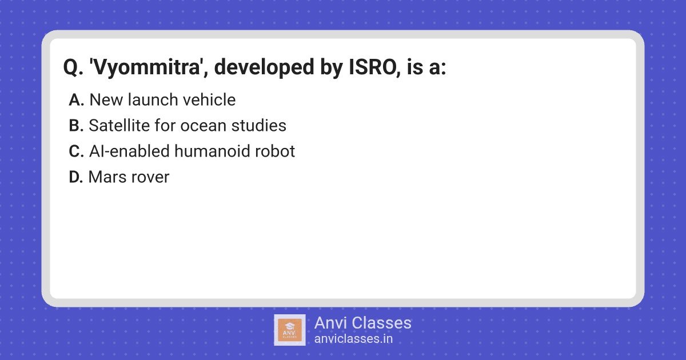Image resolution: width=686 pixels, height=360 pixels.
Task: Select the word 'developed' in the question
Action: pos(264,67)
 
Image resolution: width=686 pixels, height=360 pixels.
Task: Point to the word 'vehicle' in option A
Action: pos(209,100)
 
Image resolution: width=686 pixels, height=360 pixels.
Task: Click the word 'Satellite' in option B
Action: pos(119,126)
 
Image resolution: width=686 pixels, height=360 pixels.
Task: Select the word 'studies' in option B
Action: pos(259,126)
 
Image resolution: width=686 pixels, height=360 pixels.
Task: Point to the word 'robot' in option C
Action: pos(274,151)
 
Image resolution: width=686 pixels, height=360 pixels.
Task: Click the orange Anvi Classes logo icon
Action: pos(289,330)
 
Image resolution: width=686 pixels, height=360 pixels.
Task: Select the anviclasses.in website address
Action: pos(353,339)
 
